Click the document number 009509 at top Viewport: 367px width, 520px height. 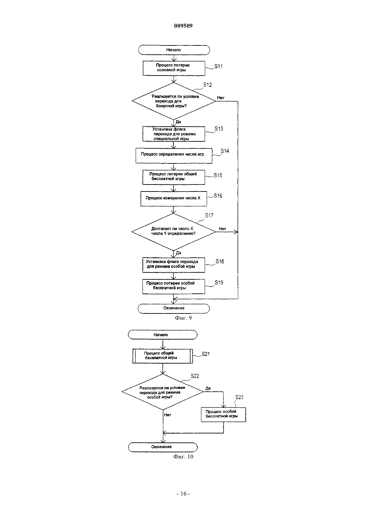[183, 26]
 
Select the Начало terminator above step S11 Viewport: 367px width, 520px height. [174, 50]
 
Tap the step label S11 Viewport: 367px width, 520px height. [218, 67]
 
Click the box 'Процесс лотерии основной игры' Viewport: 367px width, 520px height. [174, 68]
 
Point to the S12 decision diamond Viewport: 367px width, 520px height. [173, 101]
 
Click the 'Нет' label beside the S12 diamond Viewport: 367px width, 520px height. [221, 98]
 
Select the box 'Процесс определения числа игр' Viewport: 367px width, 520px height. [174, 156]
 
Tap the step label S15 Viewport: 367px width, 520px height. [218, 175]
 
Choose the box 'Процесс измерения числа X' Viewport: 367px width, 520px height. [173, 199]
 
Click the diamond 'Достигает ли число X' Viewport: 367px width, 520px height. [173, 232]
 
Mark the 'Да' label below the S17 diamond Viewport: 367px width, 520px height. [178, 253]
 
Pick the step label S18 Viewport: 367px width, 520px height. [220, 261]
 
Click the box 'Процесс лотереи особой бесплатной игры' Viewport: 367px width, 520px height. [173, 286]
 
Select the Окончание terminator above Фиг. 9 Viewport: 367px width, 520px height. [174, 308]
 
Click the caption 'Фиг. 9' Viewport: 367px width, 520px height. [183, 318]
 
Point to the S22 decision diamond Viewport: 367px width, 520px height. [163, 392]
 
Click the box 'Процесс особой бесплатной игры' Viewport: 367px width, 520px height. [223, 415]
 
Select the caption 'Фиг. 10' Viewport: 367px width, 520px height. [183, 457]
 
